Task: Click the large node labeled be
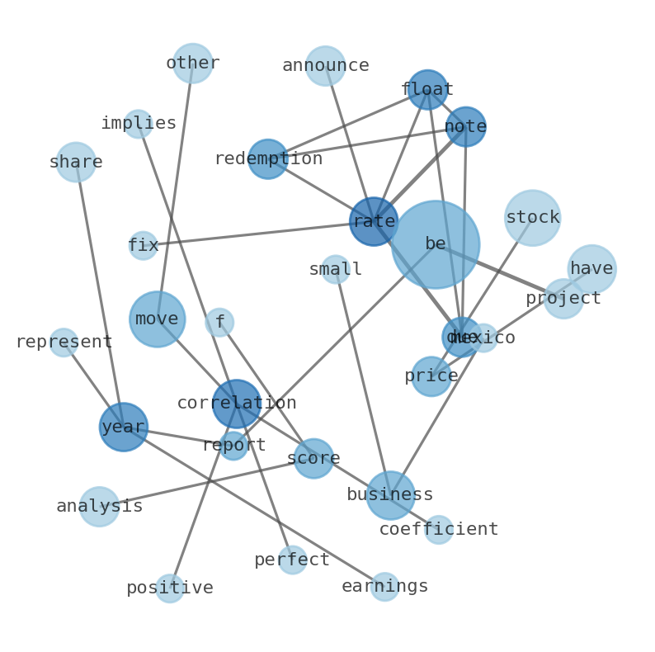tap(435, 244)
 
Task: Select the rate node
tap(374, 221)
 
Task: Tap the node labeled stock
tap(532, 218)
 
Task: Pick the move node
tap(157, 319)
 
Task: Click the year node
tap(123, 427)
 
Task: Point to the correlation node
tap(237, 404)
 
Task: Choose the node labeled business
tap(390, 495)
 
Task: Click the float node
tap(427, 89)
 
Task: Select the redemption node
tap(268, 158)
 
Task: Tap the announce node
tap(325, 66)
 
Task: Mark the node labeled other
tap(192, 64)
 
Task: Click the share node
tap(76, 162)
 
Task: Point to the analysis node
tap(99, 507)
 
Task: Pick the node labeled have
tap(591, 269)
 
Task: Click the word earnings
tap(385, 587)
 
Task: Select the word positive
tap(170, 588)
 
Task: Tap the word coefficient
tap(439, 530)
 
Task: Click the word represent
tap(64, 343)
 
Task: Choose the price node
tap(431, 376)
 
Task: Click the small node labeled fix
tap(143, 246)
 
